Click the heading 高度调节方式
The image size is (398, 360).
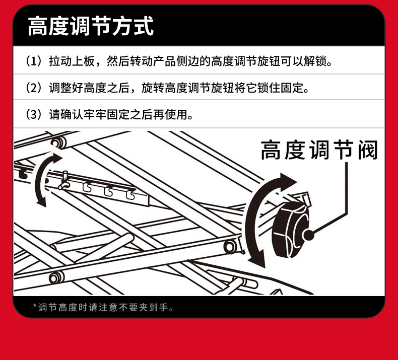click(x=91, y=26)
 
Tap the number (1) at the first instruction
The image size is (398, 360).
click(x=34, y=61)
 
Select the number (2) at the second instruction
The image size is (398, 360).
click(x=34, y=88)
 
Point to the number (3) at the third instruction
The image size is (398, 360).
click(x=34, y=114)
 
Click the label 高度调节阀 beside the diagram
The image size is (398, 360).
click(x=319, y=150)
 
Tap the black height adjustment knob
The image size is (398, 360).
click(x=292, y=230)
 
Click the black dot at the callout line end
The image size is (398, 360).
click(x=308, y=235)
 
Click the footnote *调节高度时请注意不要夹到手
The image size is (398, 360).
click(x=103, y=308)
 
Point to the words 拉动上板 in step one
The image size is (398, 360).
click(x=72, y=61)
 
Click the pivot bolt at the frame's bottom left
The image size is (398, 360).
click(x=56, y=277)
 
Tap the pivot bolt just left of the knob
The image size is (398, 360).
click(x=230, y=246)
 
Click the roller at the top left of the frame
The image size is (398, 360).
click(x=59, y=143)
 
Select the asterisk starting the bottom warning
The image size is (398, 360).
click(x=35, y=306)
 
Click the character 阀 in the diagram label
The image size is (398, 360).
click(x=368, y=150)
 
